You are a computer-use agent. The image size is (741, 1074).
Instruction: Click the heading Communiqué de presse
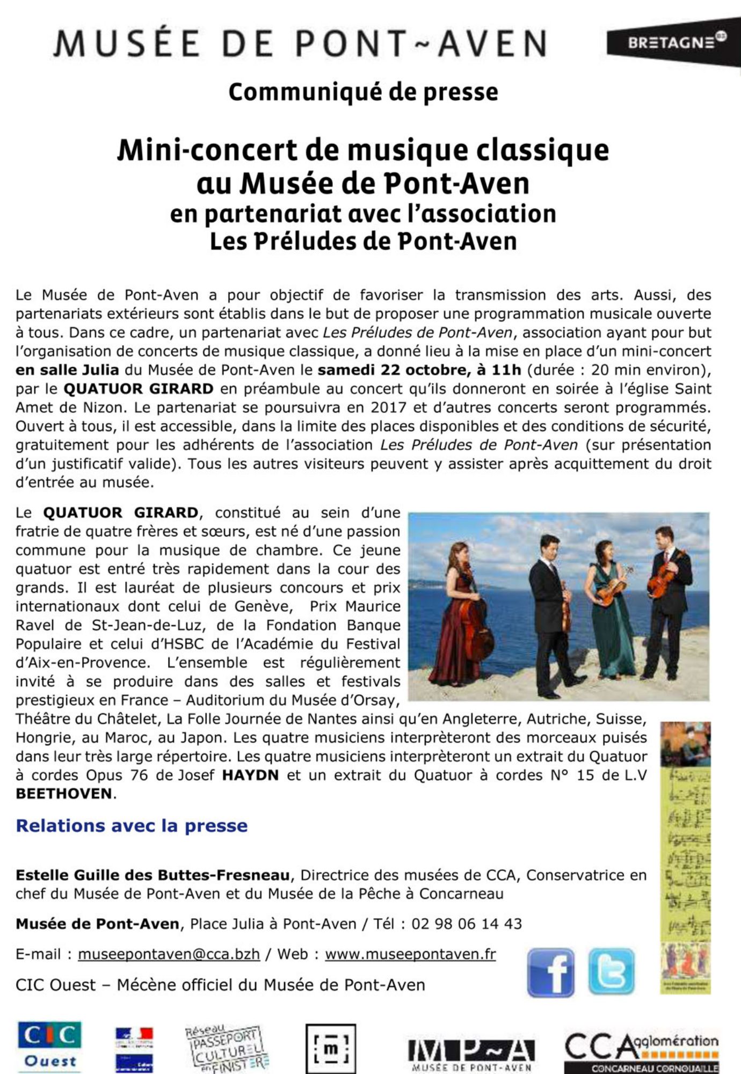(x=363, y=92)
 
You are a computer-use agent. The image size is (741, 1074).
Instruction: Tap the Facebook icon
(x=550, y=973)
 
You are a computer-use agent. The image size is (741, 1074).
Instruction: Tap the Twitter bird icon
(x=611, y=971)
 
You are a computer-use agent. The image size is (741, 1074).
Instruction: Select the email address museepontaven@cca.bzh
(x=169, y=954)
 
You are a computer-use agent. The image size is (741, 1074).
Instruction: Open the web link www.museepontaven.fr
(x=410, y=954)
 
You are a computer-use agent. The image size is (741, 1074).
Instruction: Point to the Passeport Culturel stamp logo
(x=227, y=1047)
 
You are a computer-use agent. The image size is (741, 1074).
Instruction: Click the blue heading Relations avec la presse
(x=132, y=825)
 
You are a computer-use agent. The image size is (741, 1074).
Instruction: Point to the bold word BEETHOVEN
(x=64, y=794)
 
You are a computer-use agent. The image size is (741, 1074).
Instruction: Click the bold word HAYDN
(x=250, y=775)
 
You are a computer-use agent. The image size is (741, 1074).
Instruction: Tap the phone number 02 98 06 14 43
(x=467, y=924)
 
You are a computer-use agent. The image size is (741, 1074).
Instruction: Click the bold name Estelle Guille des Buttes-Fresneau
(x=152, y=875)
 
